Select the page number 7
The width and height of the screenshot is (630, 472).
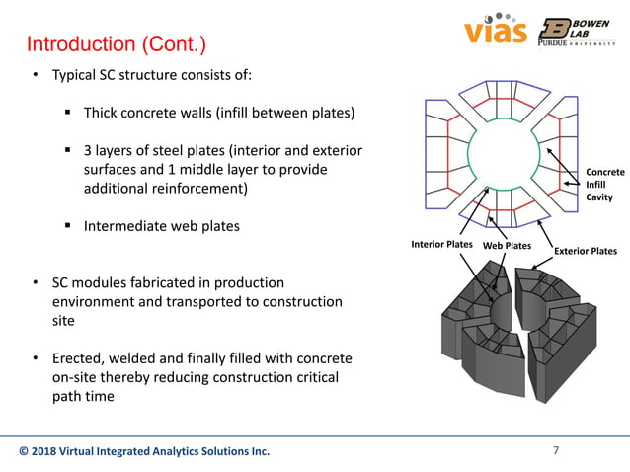pyautogui.click(x=556, y=451)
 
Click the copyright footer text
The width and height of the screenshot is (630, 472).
pyautogui.click(x=144, y=452)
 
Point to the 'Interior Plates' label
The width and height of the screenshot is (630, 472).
pyautogui.click(x=441, y=244)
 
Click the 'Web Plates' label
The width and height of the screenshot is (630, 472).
pyautogui.click(x=507, y=245)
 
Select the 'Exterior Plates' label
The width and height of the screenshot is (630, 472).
pyautogui.click(x=586, y=251)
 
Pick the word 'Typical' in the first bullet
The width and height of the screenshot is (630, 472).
pyautogui.click(x=74, y=77)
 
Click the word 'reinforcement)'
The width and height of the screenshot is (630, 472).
pyautogui.click(x=200, y=188)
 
